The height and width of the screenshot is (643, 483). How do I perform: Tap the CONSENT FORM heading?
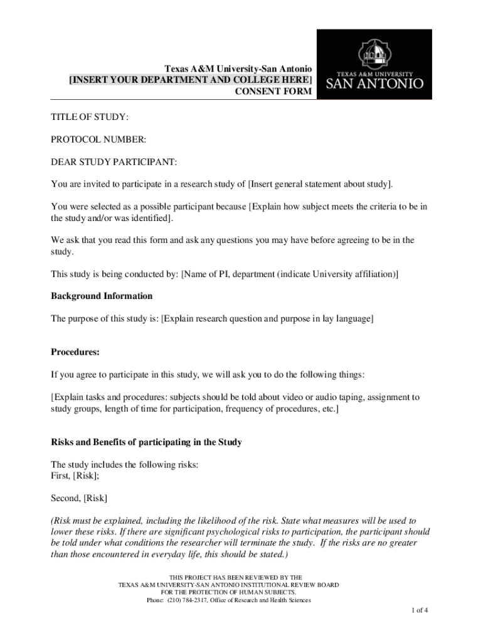pos(273,92)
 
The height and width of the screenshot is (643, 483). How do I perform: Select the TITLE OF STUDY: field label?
pos(90,117)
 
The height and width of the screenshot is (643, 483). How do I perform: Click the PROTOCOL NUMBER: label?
pos(98,139)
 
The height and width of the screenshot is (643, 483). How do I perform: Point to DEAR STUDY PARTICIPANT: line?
pos(114,163)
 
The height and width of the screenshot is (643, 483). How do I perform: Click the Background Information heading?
pos(102,296)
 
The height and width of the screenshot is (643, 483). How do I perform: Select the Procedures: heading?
pos(75,352)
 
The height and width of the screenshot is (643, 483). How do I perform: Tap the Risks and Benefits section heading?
pos(146,442)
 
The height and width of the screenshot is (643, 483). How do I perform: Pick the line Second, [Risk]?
pos(79,498)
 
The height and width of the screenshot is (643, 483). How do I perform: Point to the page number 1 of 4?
pos(420,610)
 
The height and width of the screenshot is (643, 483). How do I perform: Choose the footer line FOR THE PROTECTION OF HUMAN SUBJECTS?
pos(228,592)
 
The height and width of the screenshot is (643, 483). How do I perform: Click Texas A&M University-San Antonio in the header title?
pos(238,68)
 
